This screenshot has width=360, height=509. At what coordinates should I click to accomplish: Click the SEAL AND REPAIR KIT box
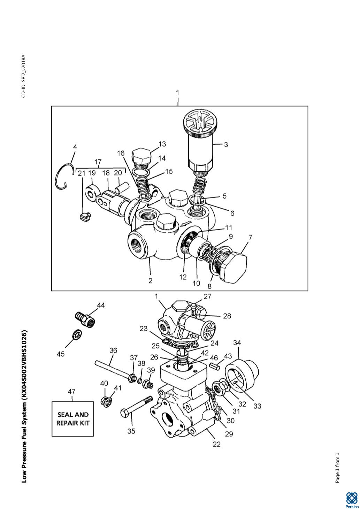[72, 419]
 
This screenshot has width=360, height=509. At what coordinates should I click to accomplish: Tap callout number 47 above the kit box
[71, 392]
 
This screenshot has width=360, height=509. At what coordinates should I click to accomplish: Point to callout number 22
[216, 444]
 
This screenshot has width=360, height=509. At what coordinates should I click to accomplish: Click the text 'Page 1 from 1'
[337, 468]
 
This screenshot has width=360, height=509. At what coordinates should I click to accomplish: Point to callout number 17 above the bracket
[98, 162]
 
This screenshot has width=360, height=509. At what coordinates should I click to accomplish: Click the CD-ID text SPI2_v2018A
[23, 76]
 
